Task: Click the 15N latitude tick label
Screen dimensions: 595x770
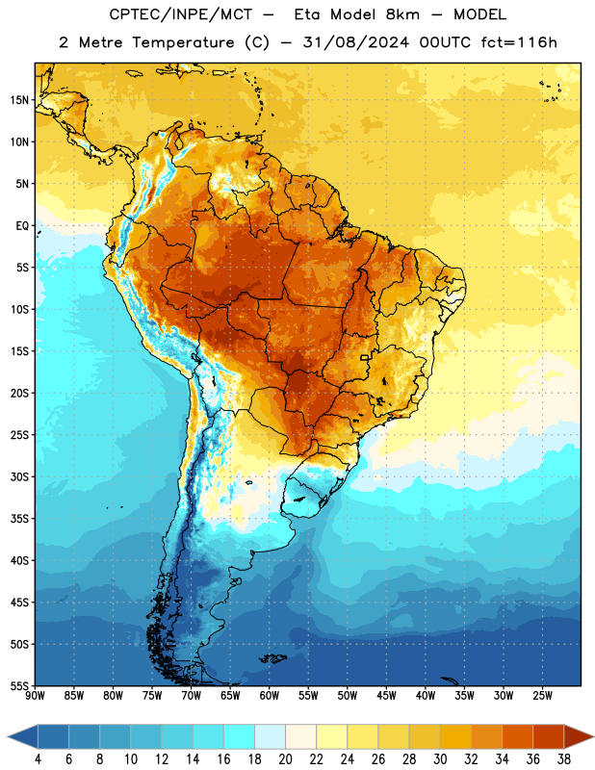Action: [x=19, y=100]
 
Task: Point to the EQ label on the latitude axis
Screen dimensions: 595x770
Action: [x=22, y=226]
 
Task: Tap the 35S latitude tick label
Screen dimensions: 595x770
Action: [x=19, y=519]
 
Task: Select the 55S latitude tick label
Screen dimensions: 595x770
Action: [x=19, y=685]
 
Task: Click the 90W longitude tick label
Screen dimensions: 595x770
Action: [x=35, y=696]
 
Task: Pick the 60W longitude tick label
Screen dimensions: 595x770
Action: [x=270, y=696]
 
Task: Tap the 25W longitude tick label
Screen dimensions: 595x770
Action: [x=542, y=696]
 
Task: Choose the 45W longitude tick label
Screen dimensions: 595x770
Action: [x=386, y=696]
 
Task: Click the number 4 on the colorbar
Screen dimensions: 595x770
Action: [x=38, y=759]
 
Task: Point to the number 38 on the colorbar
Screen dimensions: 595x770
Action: [x=563, y=759]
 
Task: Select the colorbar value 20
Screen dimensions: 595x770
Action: [x=285, y=759]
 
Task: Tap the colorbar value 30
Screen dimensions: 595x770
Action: [x=440, y=759]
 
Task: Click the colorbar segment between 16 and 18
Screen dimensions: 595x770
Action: [x=240, y=736]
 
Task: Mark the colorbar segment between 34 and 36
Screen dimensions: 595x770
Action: [x=517, y=736]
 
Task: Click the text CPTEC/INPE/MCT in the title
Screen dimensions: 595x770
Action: [x=180, y=14]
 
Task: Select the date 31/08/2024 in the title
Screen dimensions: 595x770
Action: [x=355, y=42]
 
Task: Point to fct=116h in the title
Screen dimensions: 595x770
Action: [x=519, y=42]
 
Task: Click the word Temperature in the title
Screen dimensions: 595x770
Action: [x=183, y=42]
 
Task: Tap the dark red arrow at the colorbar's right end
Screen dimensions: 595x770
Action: [x=578, y=736]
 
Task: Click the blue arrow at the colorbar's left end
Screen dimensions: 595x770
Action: [x=23, y=736]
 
